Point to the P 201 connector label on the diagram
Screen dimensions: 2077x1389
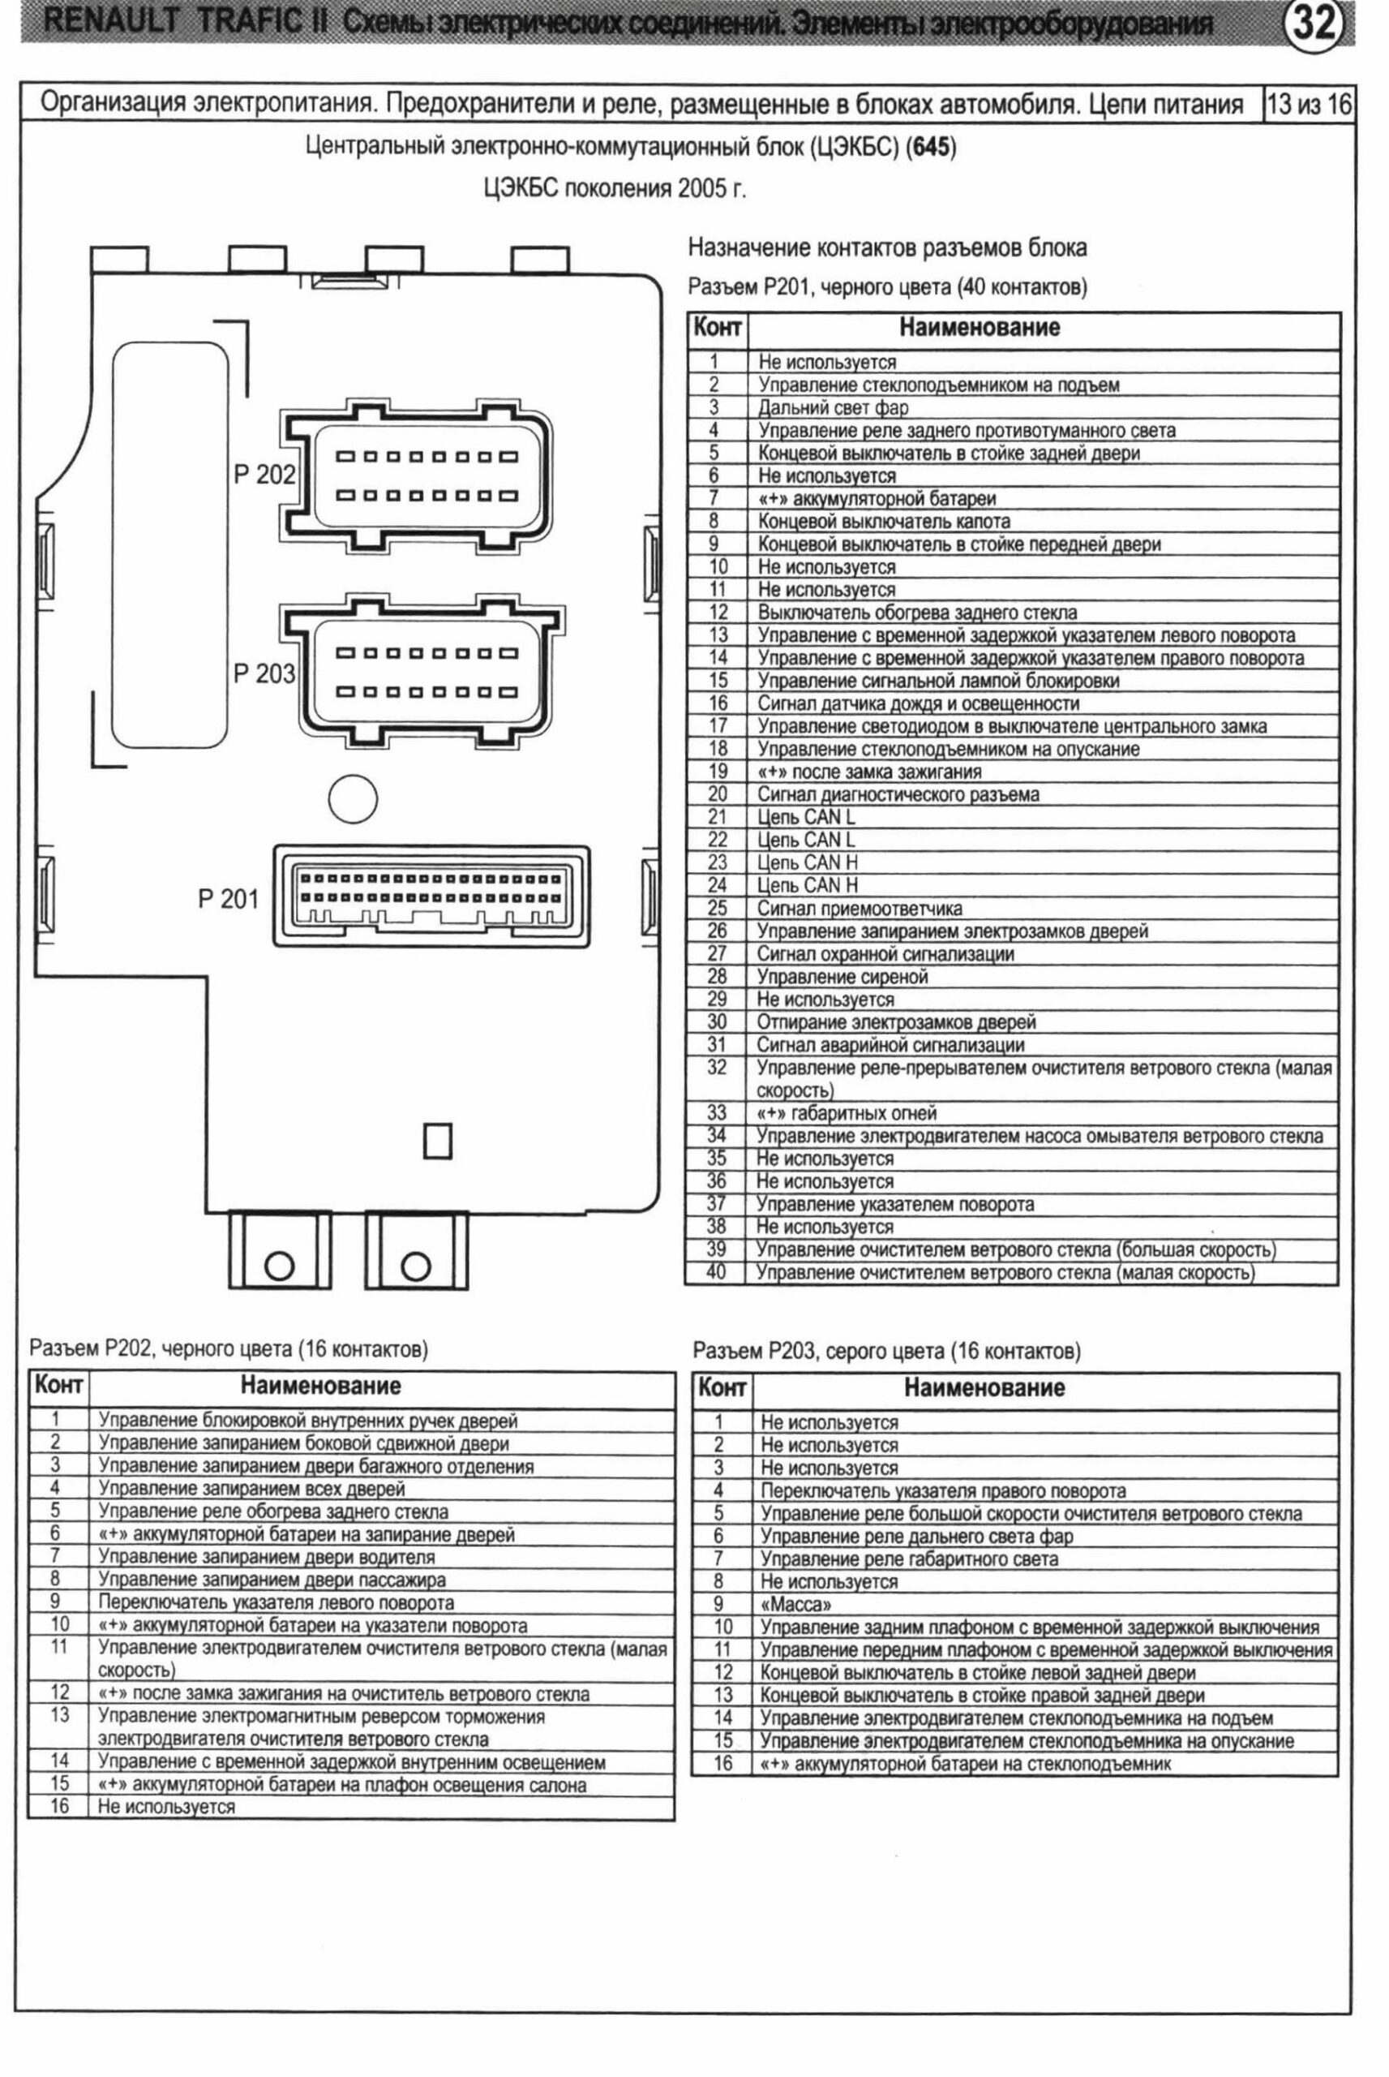pos(228,900)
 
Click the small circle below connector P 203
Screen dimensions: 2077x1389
pos(353,798)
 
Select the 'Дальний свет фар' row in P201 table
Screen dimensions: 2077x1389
pos(833,407)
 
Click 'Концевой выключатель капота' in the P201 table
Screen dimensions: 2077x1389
pos(883,521)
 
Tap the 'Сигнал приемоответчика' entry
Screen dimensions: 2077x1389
pos(859,908)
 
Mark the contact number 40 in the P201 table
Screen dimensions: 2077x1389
pos(716,1272)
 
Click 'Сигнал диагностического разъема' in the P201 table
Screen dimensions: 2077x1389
pos(897,795)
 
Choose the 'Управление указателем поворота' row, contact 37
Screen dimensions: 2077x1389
pos(894,1204)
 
